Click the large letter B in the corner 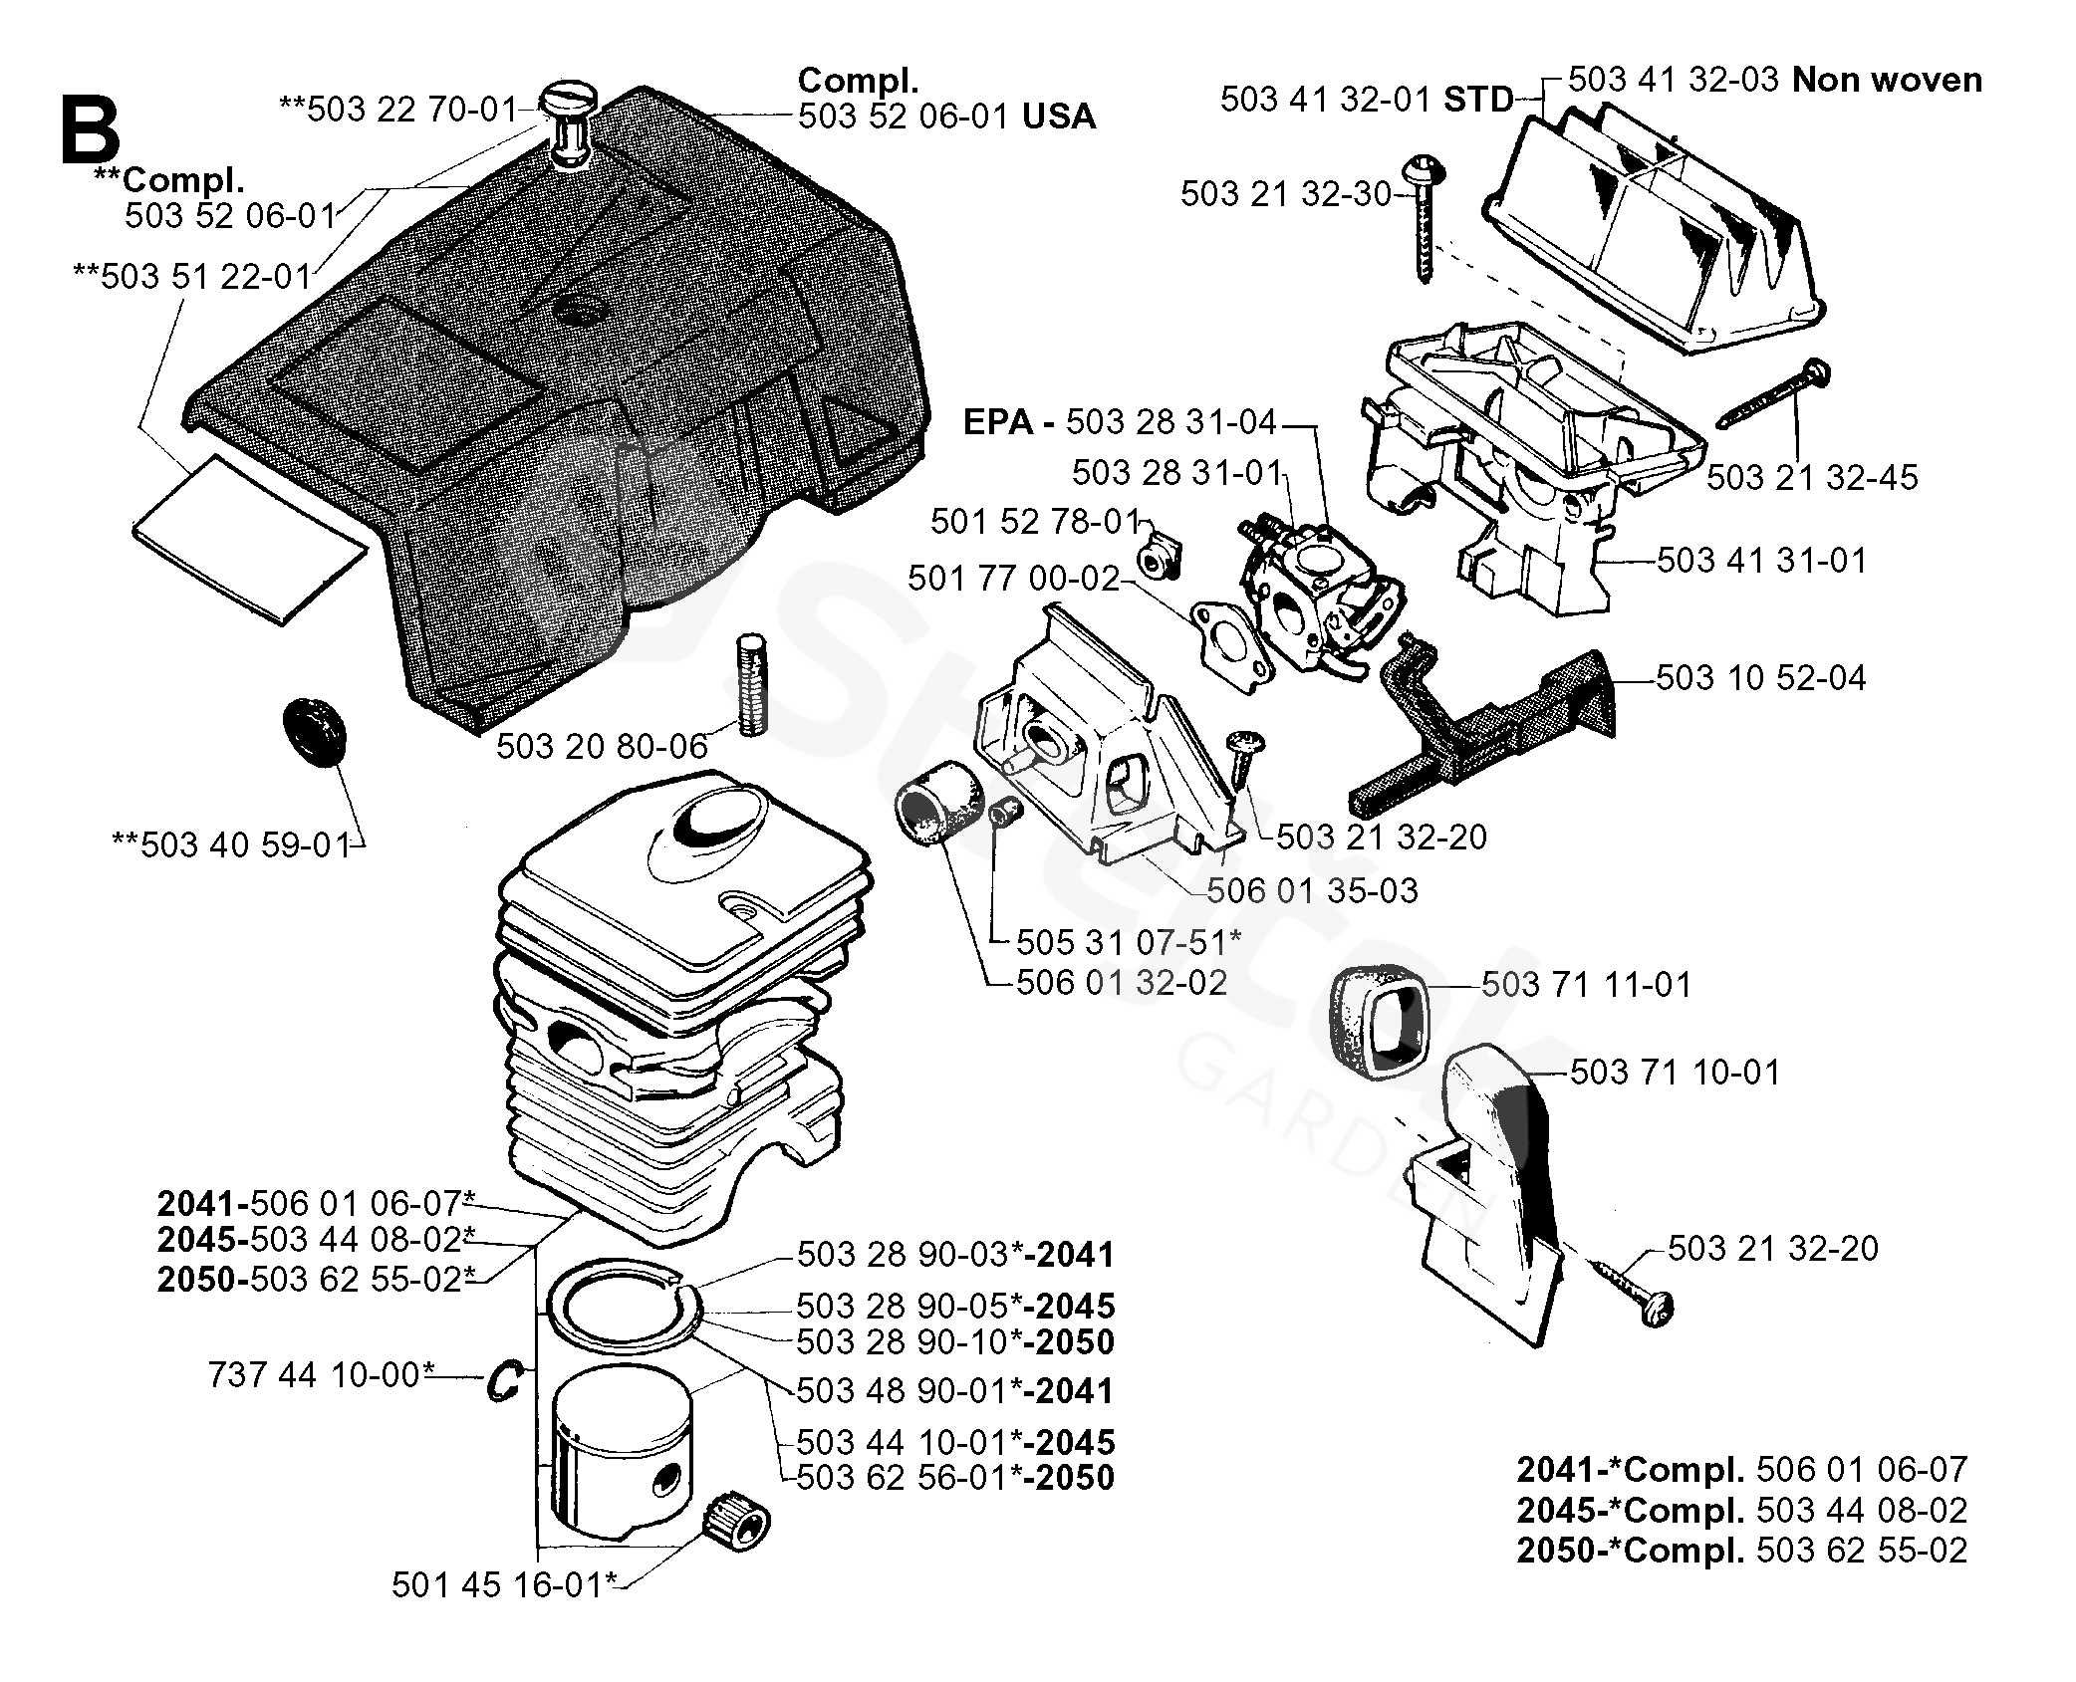tap(90, 130)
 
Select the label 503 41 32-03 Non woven tap(1774, 80)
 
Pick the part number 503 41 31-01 tap(1761, 561)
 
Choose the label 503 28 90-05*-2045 tap(955, 1307)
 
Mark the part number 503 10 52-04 tap(1760, 678)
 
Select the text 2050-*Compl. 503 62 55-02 tap(1741, 1551)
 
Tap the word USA tap(1059, 118)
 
